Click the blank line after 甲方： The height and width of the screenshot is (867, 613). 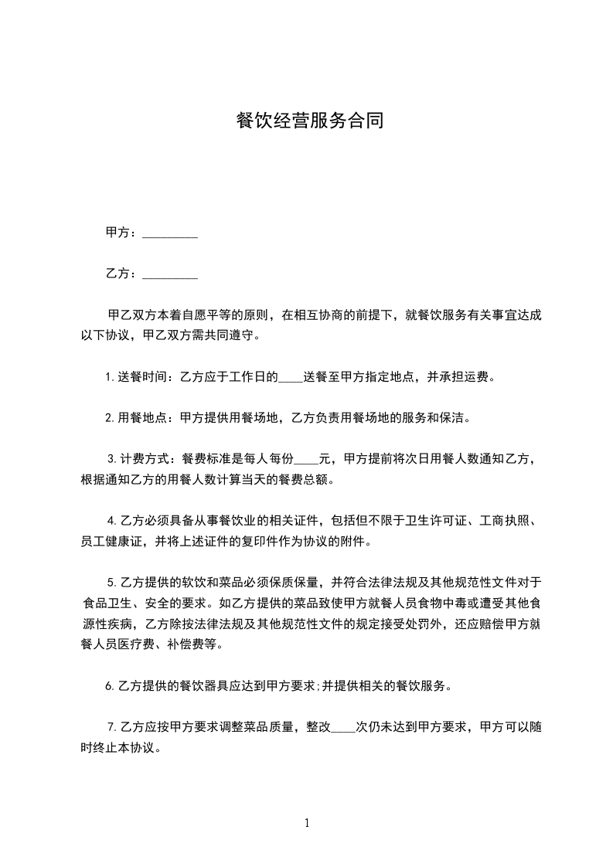[x=170, y=233]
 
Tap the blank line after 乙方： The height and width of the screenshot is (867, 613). [x=170, y=274]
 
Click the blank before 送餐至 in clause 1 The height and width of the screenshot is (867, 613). [x=290, y=378]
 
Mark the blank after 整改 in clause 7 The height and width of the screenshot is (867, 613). [x=343, y=727]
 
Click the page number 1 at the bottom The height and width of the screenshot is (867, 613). [x=307, y=824]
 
